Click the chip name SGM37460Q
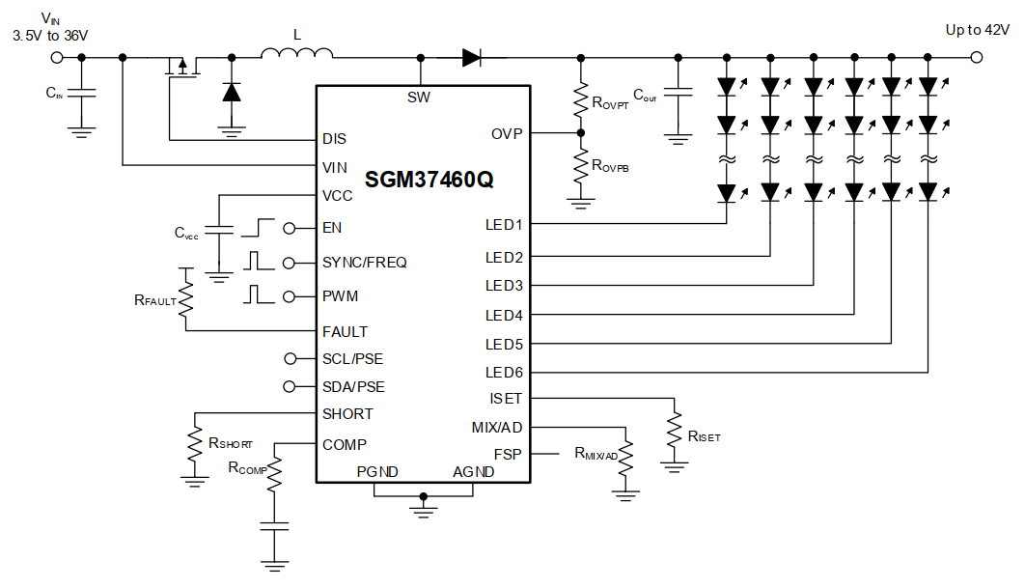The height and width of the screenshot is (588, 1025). tap(429, 180)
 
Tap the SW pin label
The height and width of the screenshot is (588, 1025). tap(420, 98)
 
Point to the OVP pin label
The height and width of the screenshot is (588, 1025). tap(506, 134)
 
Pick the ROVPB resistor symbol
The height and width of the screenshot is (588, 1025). tap(580, 165)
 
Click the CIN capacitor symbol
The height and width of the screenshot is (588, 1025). tap(82, 94)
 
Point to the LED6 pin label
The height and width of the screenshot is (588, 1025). tap(504, 373)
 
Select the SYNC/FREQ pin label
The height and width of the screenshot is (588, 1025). tap(365, 263)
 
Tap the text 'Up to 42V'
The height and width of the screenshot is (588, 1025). tap(977, 30)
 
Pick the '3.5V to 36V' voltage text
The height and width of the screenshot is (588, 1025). tap(50, 35)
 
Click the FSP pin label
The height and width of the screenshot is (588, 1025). tap(508, 453)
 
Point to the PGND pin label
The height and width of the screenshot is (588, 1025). tap(377, 472)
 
